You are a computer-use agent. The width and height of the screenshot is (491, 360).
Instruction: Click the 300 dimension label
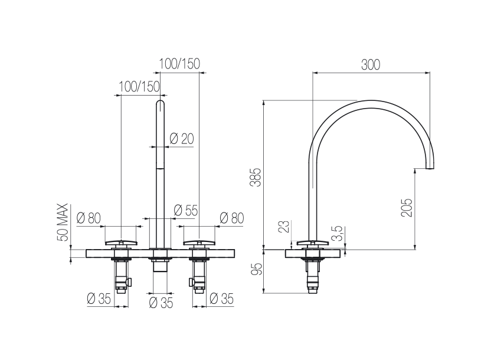[x=371, y=65]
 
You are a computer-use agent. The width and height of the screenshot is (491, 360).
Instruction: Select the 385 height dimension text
[x=256, y=177]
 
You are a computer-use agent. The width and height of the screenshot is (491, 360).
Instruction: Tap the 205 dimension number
[x=407, y=208]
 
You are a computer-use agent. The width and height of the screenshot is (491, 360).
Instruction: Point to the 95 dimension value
[x=256, y=269]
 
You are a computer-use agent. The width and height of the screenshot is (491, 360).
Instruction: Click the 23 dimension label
[x=284, y=227]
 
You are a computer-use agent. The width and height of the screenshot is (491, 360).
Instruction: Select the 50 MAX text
[x=63, y=222]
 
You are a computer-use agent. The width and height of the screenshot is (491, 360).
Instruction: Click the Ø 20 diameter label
[x=182, y=138]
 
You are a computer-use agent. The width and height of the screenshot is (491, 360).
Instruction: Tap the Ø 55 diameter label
[x=186, y=210]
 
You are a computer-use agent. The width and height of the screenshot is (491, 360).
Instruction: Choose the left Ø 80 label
[x=89, y=218]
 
